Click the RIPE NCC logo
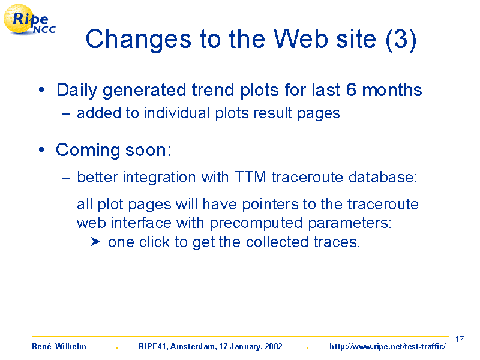click(29, 20)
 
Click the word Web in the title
click(301, 39)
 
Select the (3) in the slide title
click(401, 40)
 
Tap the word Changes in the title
click(139, 40)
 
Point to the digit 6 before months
click(352, 90)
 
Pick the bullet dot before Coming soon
click(41, 150)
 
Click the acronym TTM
click(250, 177)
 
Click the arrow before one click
click(88, 242)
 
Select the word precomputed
click(256, 223)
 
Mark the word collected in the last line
click(277, 242)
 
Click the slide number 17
click(460, 339)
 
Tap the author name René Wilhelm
click(59, 346)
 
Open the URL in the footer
click(388, 346)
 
